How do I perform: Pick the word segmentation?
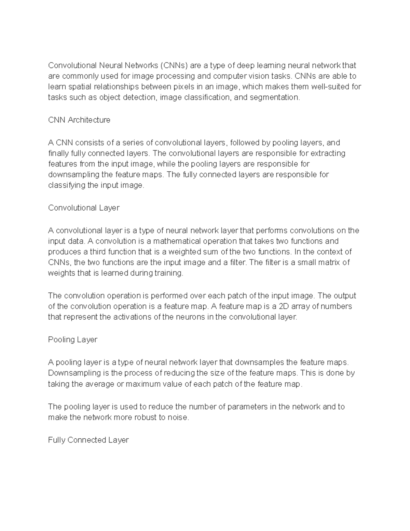coord(275,97)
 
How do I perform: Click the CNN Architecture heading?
coord(79,120)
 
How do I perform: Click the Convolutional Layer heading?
coord(84,208)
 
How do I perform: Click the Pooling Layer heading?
coord(73,340)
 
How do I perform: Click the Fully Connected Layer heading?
coord(88,440)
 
